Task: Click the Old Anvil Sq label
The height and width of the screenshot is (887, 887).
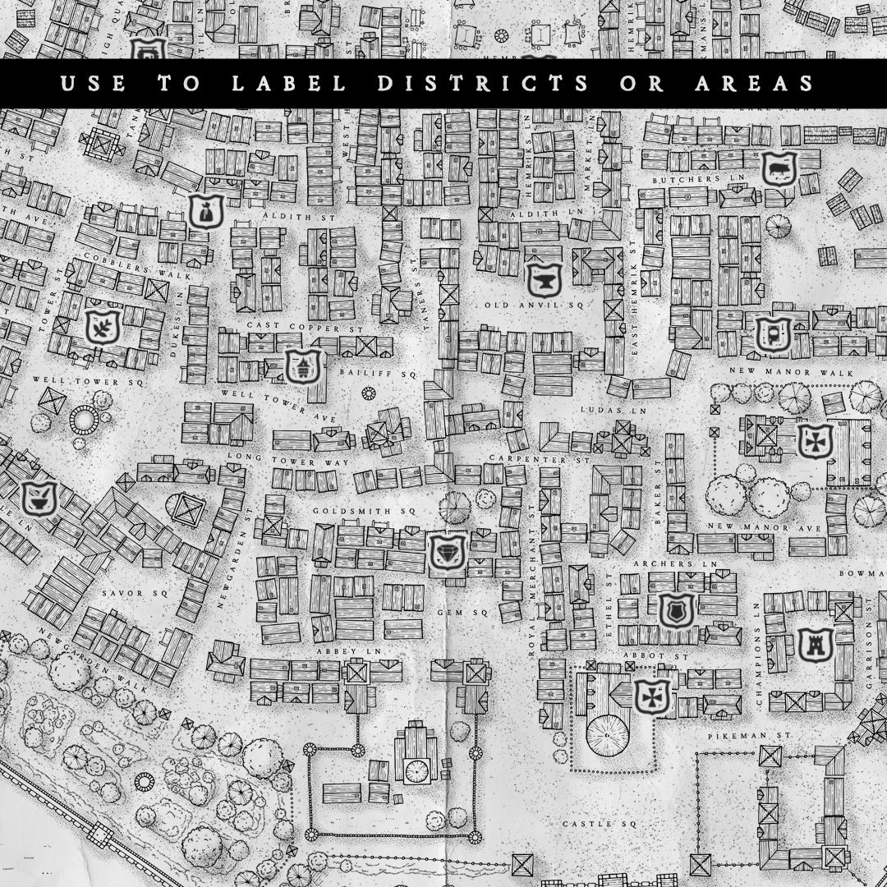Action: point(533,305)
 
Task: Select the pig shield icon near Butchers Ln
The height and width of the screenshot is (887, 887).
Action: point(776,169)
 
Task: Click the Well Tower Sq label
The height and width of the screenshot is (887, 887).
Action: point(88,382)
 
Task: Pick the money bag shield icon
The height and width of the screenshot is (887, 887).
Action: point(203,212)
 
